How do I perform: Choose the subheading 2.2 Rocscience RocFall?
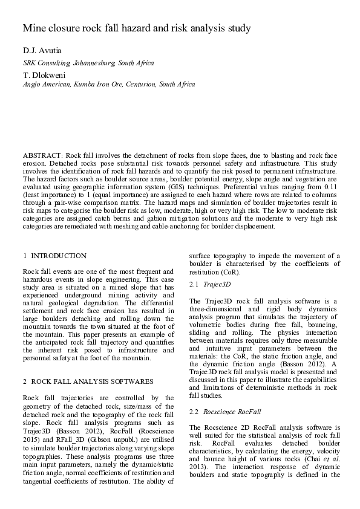[x=224, y=411]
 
